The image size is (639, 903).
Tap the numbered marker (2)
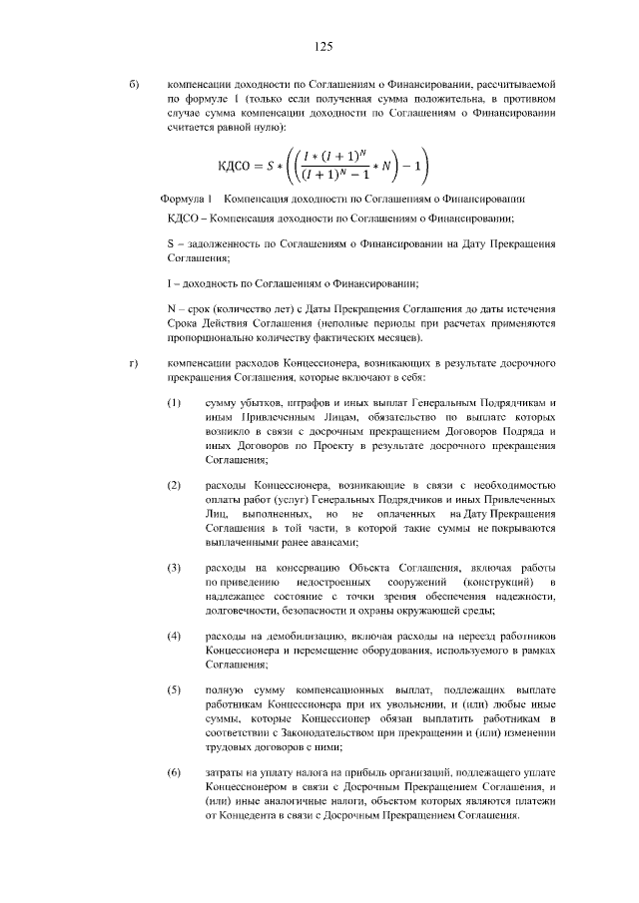(174, 485)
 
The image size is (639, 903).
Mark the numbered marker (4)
(174, 636)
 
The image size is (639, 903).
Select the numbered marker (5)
(174, 689)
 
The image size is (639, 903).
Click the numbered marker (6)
(174, 772)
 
